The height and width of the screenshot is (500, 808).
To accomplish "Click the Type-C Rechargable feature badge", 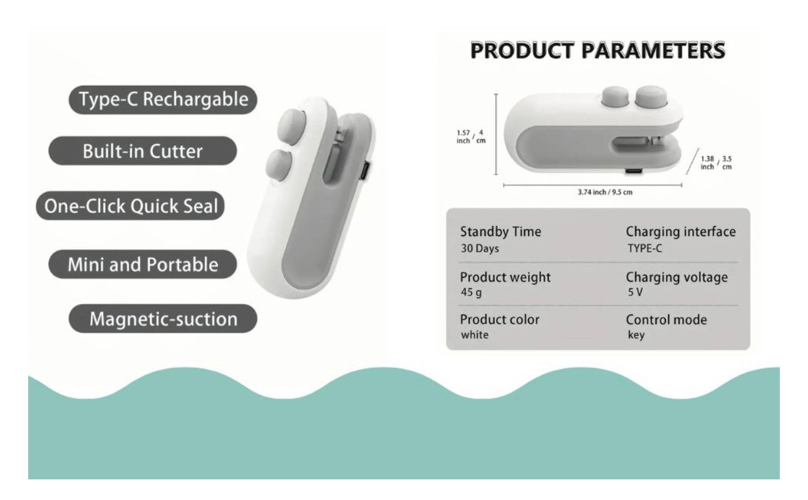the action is point(163,99).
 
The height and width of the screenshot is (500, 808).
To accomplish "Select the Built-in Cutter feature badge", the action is point(142,151).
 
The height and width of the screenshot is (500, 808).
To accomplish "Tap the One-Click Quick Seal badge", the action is point(130,206).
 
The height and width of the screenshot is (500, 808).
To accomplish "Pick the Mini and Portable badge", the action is point(142,264).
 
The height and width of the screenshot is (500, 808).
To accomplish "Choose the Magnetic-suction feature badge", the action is point(163,319).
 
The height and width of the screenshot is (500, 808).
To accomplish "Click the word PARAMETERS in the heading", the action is point(653,51).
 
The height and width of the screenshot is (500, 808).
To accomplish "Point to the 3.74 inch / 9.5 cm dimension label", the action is point(605,192).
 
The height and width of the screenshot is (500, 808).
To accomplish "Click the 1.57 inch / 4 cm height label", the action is point(471,137).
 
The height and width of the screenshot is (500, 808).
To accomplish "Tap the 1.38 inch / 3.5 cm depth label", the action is point(716,163).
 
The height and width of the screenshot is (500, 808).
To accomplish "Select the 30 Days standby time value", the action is point(480,248).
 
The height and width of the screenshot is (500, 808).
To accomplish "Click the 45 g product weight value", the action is point(471,292).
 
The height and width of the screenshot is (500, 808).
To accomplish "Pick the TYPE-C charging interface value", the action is point(645,248).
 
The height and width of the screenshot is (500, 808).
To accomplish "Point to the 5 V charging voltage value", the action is point(635,292).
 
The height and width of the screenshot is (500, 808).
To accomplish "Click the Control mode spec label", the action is point(666,320).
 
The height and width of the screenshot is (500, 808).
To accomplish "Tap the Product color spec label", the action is point(500,319).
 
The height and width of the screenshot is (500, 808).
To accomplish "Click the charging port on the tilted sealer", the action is point(365,171).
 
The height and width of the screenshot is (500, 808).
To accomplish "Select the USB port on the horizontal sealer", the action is point(633,171).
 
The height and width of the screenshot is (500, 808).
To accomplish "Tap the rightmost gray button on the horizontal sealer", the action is point(651,96).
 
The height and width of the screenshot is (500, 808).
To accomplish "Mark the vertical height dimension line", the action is point(496,134).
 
